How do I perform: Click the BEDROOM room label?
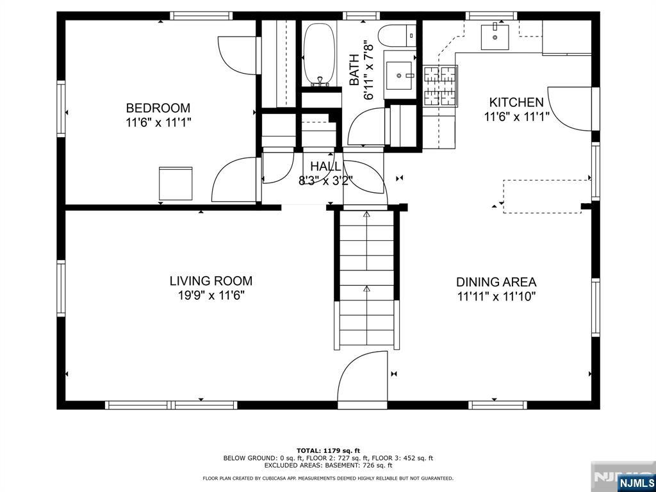pos(158,108)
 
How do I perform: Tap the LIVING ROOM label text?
pos(211,281)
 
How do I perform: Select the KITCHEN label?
pos(516,102)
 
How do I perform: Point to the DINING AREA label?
pos(496,282)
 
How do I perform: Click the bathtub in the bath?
pos(320,54)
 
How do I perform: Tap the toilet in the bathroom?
pos(397,35)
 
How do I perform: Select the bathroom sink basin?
pos(399,76)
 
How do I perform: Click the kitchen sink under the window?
pos(495,37)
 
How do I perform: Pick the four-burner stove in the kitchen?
pos(441,85)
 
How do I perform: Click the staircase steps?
pos(367,278)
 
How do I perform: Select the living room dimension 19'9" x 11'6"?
pos(211,295)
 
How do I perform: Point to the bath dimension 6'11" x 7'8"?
pos(368,70)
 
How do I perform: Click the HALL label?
pos(325,167)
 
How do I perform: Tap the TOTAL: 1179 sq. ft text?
pos(328,450)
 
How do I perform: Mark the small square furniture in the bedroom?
pos(176,184)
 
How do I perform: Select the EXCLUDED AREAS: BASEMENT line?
pos(328,465)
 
